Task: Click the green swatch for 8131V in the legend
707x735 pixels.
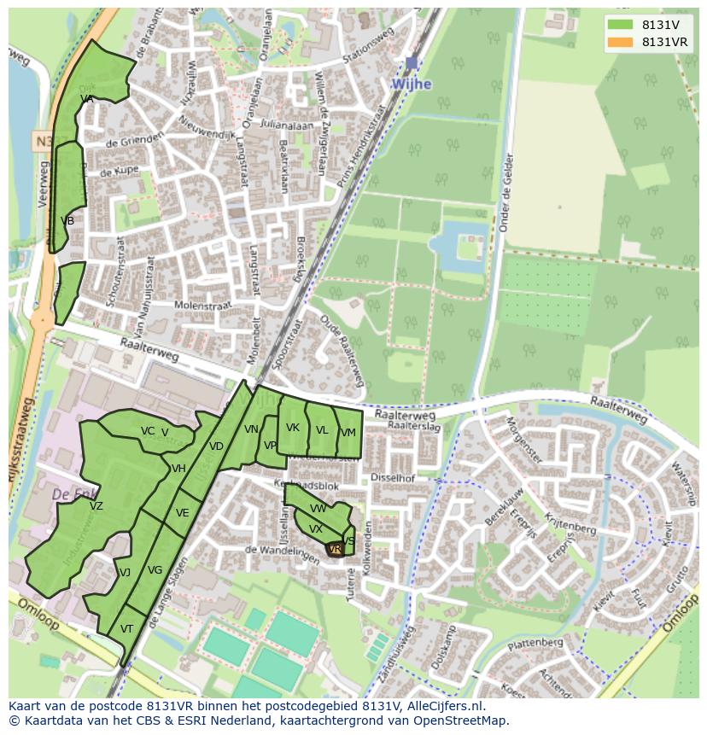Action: point(621,24)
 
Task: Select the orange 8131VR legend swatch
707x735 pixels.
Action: point(621,42)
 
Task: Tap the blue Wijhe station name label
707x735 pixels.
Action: point(411,85)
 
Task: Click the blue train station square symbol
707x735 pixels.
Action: point(412,63)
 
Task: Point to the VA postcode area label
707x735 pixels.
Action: point(86,99)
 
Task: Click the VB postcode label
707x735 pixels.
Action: point(67,221)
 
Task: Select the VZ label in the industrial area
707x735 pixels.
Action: point(96,506)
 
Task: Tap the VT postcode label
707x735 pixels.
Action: point(126,628)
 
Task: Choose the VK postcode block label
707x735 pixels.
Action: point(293,428)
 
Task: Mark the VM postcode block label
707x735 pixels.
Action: point(348,433)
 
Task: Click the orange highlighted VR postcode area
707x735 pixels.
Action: point(335,549)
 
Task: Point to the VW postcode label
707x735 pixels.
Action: point(318,509)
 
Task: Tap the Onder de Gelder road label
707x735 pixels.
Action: point(505,194)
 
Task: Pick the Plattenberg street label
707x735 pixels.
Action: point(536,642)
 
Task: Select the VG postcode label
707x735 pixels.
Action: point(155,570)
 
